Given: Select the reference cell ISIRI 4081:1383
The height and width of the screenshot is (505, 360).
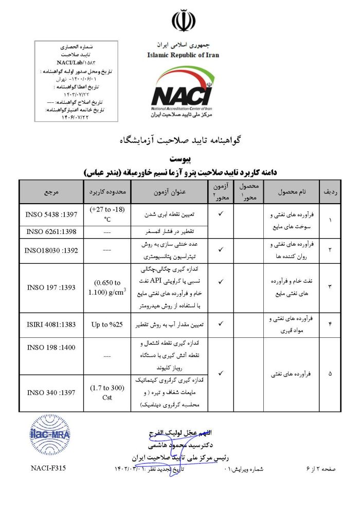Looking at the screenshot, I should [51, 324].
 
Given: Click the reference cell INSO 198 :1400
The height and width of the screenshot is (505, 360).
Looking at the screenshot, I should [51, 347].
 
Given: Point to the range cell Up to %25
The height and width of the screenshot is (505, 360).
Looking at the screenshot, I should [106, 324].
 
